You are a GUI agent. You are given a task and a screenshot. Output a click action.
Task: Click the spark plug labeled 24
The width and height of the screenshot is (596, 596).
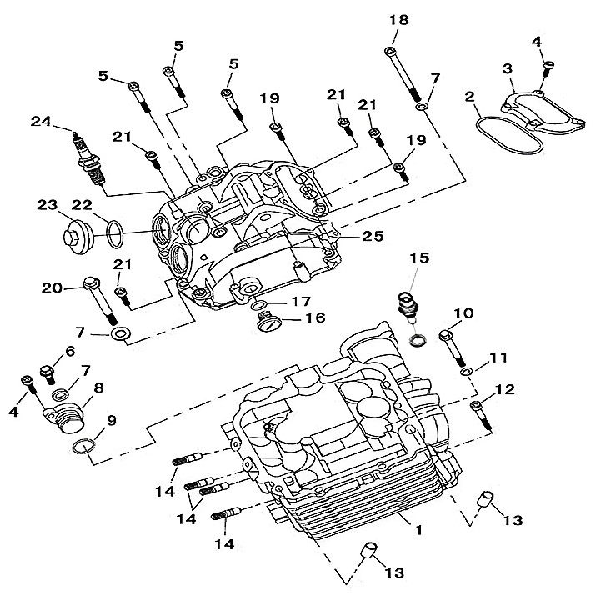point(91,161)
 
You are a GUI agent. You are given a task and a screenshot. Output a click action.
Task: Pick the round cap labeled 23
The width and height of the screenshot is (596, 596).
point(77,233)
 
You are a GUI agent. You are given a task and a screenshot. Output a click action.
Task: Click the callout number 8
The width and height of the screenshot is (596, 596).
point(98,388)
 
